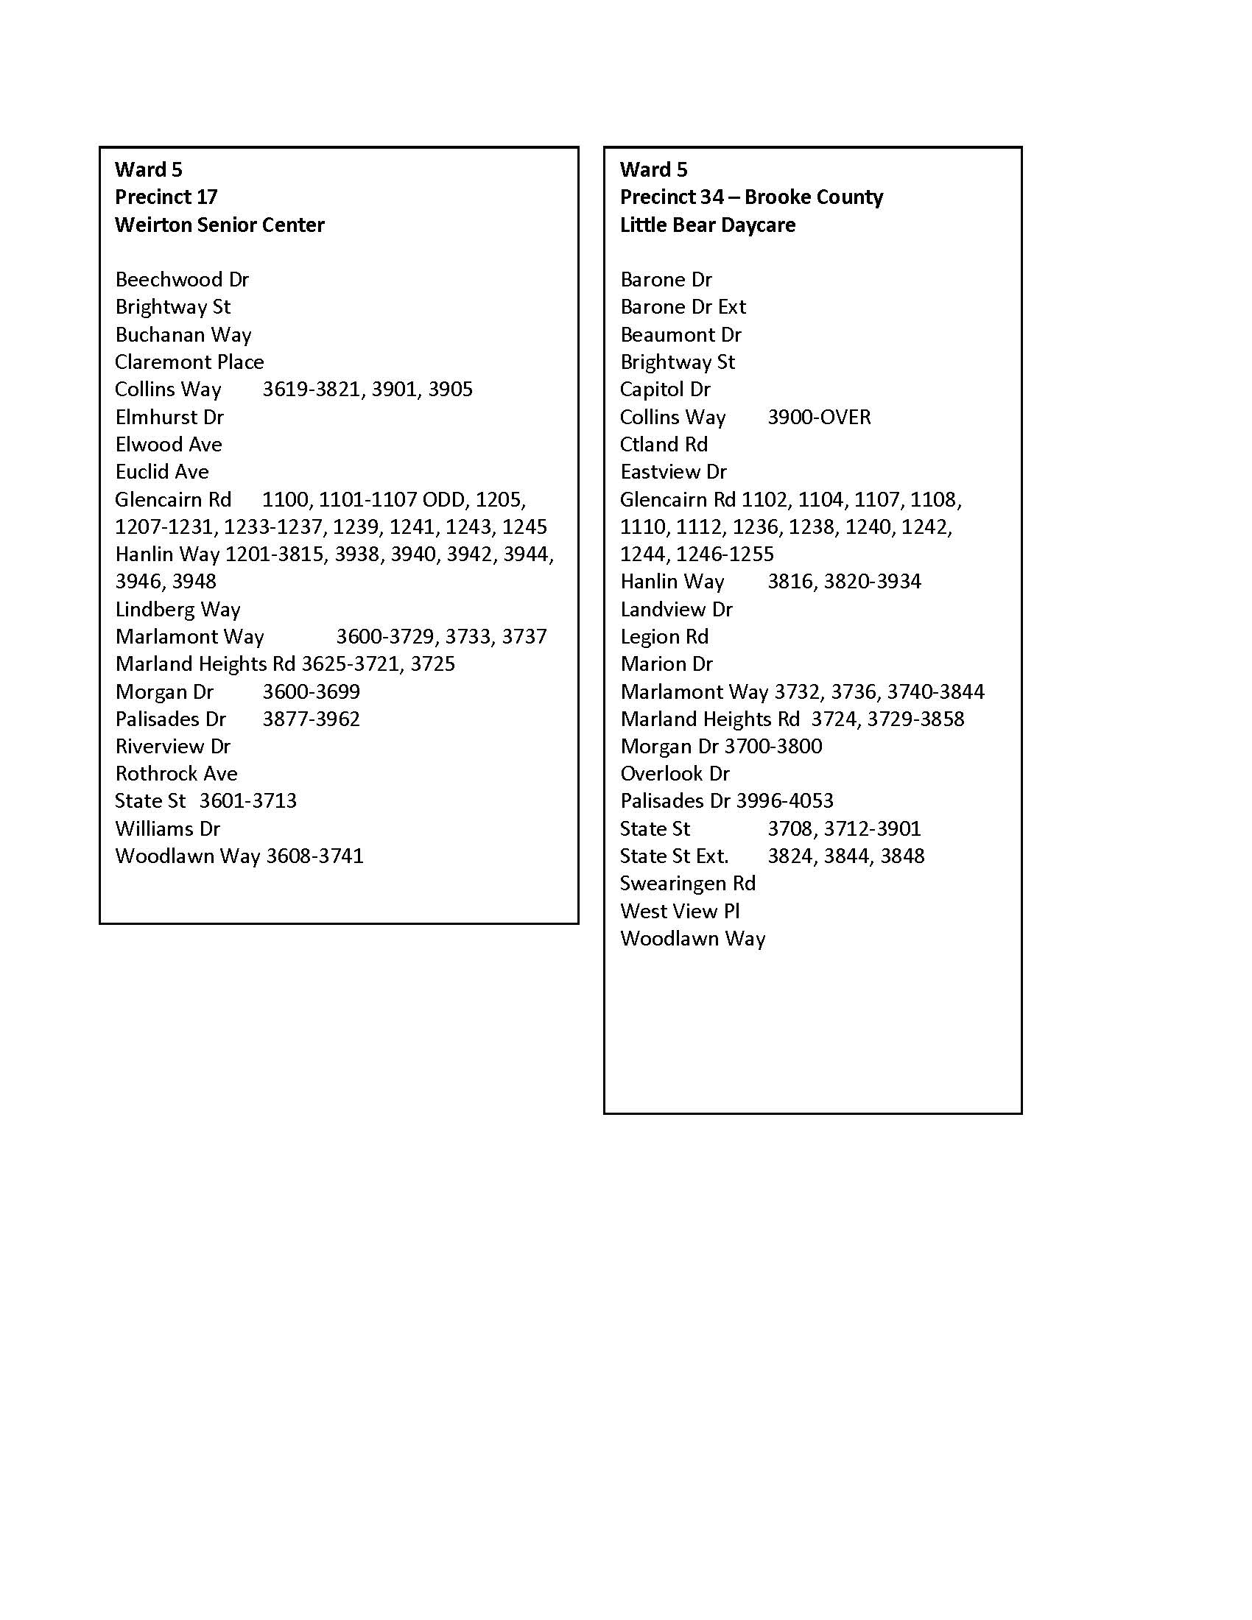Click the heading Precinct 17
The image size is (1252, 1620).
click(x=166, y=197)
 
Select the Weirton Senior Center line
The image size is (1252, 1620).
click(x=219, y=225)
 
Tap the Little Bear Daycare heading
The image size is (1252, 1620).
click(x=708, y=225)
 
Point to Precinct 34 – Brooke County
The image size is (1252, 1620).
click(x=751, y=197)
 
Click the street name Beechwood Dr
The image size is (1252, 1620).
click(x=182, y=280)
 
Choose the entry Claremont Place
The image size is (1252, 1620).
click(x=189, y=362)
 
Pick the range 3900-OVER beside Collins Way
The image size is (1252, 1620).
click(x=819, y=417)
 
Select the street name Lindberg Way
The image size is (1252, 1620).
click(x=178, y=610)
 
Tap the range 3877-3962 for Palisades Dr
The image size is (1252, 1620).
click(x=311, y=719)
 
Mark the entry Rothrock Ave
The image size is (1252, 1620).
click(x=177, y=774)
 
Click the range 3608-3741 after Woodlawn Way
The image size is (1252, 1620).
click(x=315, y=856)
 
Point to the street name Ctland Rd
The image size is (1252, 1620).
click(x=664, y=444)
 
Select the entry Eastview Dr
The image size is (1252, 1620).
click(x=673, y=472)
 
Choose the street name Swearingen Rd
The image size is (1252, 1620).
click(x=688, y=884)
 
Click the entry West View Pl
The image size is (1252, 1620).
click(x=680, y=911)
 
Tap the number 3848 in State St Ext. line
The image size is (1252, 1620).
click(x=902, y=856)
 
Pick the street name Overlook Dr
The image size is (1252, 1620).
click(x=675, y=774)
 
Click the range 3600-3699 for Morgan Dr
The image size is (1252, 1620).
click(x=311, y=692)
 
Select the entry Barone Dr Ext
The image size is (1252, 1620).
click(x=683, y=307)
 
